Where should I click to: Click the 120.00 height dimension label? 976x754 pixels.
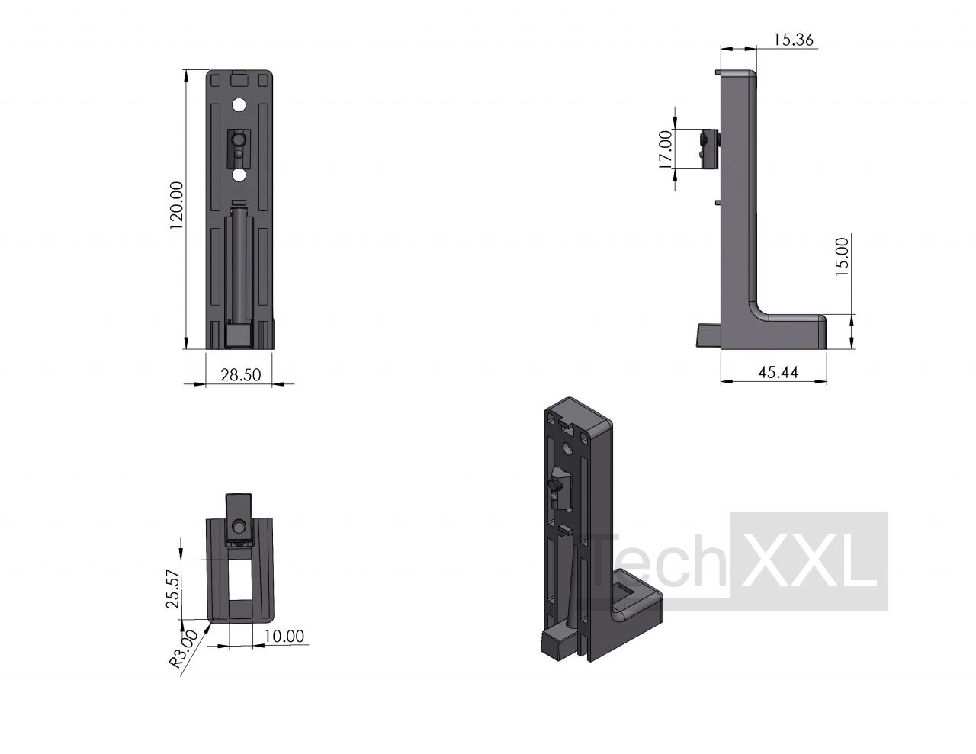176,205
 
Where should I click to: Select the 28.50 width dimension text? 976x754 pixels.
240,374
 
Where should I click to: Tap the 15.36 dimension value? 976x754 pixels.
793,40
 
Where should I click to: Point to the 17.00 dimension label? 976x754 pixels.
665,149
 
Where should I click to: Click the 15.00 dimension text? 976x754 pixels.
842,257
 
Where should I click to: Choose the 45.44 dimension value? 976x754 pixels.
778,372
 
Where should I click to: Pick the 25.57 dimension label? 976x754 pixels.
173,589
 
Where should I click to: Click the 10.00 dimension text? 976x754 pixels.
284,636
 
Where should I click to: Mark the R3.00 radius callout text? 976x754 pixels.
183,649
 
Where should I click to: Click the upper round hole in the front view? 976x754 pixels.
239,105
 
